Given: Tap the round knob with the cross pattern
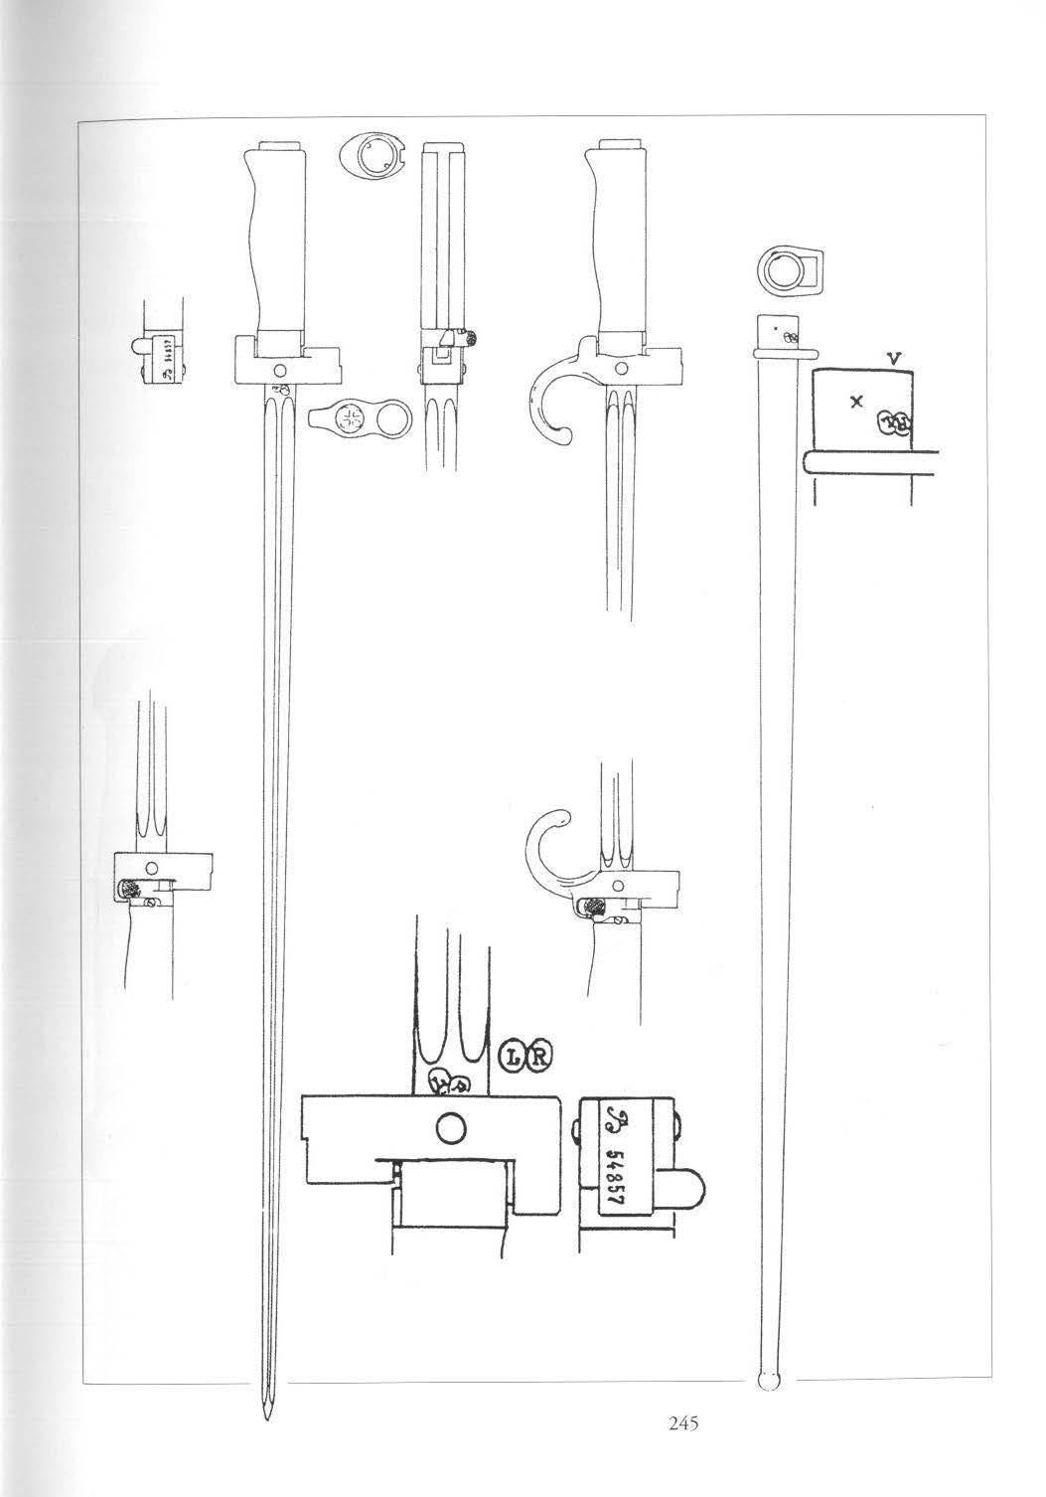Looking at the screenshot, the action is [x=352, y=418].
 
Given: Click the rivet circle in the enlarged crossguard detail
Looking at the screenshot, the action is [x=450, y=1127].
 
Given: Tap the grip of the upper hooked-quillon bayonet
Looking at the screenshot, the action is [x=614, y=239].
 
